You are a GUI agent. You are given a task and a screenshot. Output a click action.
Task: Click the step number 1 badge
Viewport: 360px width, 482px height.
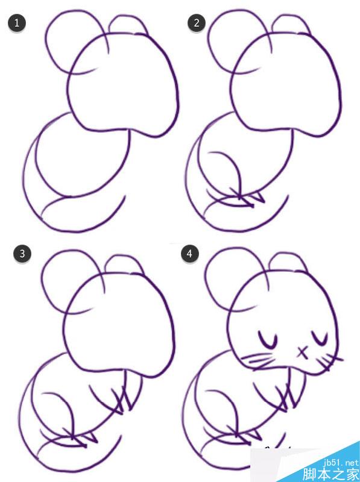[17, 22]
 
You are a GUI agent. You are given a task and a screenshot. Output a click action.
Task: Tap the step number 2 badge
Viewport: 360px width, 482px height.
[197, 22]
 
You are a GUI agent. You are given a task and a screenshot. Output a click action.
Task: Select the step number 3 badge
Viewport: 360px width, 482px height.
[22, 254]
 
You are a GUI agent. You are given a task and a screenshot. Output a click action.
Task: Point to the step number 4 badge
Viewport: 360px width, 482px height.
[189, 254]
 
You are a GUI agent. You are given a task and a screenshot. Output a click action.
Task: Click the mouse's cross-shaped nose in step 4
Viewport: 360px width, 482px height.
[303, 352]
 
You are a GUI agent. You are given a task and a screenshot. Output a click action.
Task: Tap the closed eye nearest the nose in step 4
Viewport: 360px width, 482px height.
[320, 338]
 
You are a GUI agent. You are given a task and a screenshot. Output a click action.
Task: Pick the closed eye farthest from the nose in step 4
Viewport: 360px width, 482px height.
[268, 340]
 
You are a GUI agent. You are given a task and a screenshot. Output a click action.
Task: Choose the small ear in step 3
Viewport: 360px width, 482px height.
[123, 257]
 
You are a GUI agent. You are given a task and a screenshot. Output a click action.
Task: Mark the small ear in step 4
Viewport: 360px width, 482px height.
[288, 253]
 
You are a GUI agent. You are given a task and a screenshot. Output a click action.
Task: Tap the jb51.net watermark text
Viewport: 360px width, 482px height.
[341, 463]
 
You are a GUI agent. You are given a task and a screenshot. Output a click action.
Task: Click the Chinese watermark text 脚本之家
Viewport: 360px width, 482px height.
[331, 474]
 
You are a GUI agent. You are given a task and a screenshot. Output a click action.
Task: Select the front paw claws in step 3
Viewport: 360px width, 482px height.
[122, 399]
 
